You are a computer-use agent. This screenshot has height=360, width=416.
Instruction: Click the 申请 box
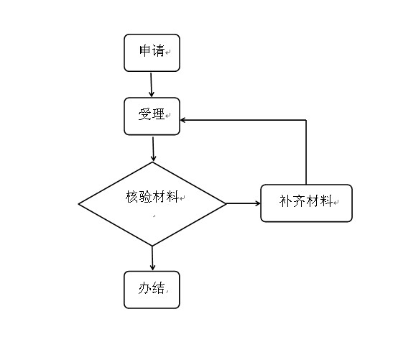point(152,52)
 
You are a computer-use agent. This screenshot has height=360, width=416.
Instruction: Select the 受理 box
point(152,116)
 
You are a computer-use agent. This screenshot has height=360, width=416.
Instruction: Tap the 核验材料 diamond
point(152,204)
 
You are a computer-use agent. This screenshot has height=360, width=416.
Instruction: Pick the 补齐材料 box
point(306,203)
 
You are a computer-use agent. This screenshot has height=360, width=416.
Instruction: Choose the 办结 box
point(152,290)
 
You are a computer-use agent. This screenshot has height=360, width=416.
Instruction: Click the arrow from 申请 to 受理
point(151,86)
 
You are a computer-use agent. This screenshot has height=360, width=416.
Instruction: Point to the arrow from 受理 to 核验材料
point(153,149)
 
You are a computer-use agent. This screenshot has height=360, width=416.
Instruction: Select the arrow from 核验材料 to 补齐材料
point(244,203)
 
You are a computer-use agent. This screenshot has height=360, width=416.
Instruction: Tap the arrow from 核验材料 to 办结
point(152,258)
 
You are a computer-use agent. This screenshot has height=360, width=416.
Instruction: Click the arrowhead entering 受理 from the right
point(182,120)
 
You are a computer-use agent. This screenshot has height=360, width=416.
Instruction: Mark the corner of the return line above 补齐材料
point(306,120)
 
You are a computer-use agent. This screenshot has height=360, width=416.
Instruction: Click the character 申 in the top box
point(145,50)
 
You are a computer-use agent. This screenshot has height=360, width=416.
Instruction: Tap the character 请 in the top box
point(158,50)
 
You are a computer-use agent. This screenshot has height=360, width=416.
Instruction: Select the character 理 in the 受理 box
point(158,114)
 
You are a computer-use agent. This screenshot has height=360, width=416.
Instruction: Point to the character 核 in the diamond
point(132,197)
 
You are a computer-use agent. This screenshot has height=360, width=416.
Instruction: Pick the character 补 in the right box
point(286,200)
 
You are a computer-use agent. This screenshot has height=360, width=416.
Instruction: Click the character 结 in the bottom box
point(158,288)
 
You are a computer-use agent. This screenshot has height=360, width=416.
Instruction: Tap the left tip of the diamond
point(78,204)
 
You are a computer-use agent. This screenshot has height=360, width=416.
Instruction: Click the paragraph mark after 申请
point(167,52)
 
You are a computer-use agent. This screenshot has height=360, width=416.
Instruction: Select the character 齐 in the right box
point(300,200)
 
